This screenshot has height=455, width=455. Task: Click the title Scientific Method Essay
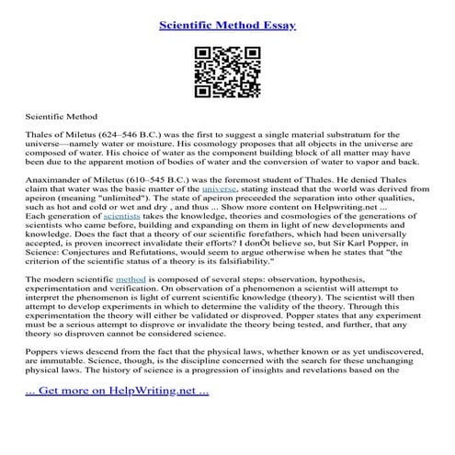point(227,26)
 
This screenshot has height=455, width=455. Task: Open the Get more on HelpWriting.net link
point(111,417)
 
